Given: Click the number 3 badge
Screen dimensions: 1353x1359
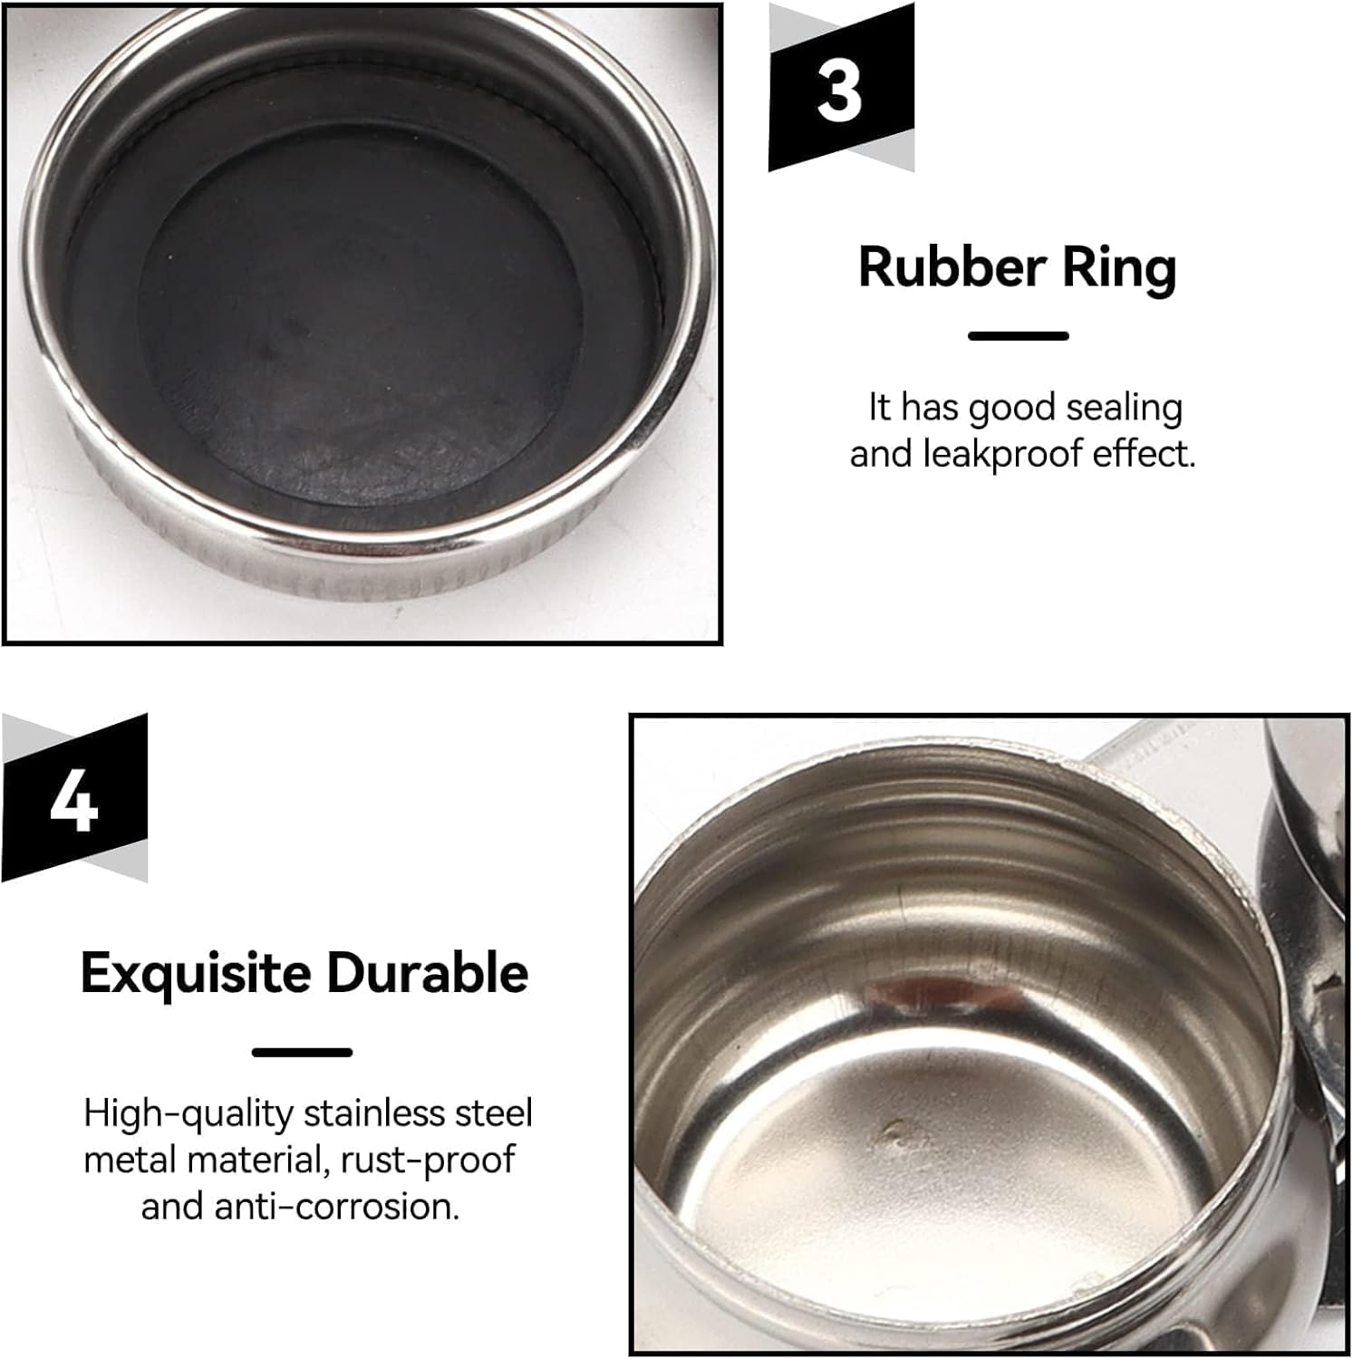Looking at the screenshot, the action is (840, 89).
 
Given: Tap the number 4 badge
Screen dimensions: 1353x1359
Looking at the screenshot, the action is (74, 798).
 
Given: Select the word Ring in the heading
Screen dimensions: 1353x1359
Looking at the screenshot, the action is (1107, 269).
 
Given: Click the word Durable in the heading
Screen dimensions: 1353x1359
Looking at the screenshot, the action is (427, 973).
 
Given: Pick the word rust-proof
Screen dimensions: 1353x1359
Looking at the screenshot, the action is (428, 1161).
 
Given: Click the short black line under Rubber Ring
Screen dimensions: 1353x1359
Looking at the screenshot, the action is (1019, 335).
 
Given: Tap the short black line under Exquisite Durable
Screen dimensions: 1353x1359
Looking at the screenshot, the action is (302, 1052).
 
